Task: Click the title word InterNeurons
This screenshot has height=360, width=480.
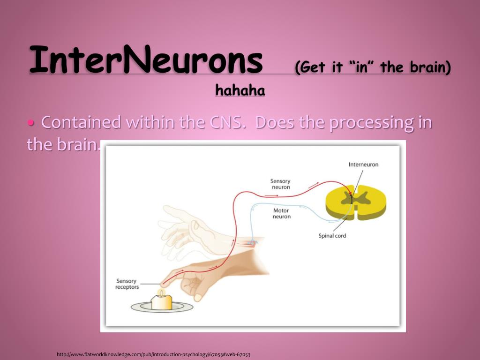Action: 146,59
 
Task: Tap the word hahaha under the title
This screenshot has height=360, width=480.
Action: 240,90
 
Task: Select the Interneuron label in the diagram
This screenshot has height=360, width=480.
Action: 363,165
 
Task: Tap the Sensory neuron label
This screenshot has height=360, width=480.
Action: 280,184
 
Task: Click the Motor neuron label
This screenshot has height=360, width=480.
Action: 281,213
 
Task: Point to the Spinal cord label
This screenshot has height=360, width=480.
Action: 332,236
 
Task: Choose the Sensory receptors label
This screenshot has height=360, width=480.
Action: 127,284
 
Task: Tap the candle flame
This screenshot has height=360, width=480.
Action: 161,292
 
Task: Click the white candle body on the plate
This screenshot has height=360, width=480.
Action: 161,302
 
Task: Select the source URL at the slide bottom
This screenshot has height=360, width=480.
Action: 154,354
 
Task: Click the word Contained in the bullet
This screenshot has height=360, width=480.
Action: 81,122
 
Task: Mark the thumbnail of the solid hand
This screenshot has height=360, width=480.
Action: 198,297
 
